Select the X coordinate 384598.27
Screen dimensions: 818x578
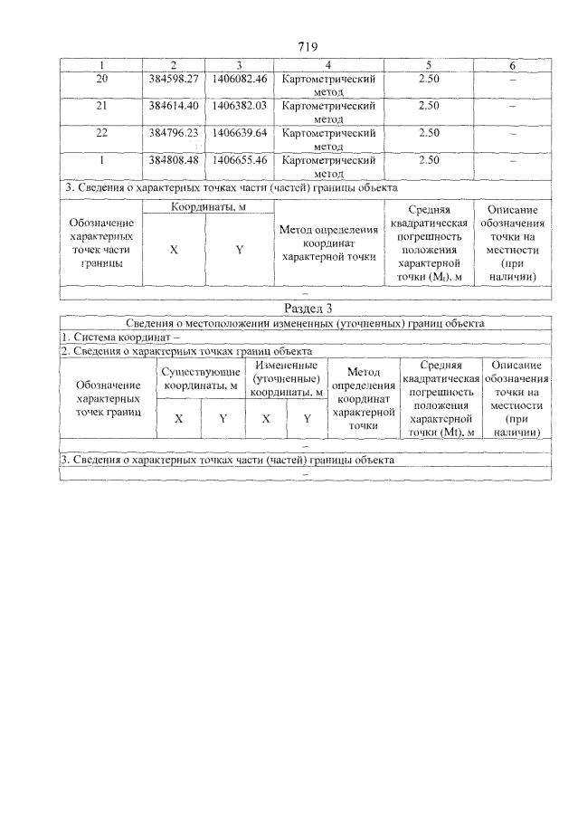pos(174,80)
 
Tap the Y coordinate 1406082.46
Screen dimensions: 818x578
pos(239,80)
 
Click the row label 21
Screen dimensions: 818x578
pos(101,106)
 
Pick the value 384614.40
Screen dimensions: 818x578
pos(174,106)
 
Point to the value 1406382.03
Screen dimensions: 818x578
pos(239,106)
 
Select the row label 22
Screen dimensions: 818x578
pos(101,133)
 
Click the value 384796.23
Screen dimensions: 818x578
pos(174,133)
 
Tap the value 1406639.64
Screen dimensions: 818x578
pos(239,133)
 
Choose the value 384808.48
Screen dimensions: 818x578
pos(174,160)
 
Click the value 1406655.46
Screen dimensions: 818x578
pos(239,160)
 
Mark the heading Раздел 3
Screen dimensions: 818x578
pos(305,309)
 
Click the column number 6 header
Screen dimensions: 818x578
pos(512,66)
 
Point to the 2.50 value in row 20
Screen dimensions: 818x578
pos(429,80)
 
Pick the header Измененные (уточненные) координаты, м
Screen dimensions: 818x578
pos(287,378)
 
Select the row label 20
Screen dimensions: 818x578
pos(101,80)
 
